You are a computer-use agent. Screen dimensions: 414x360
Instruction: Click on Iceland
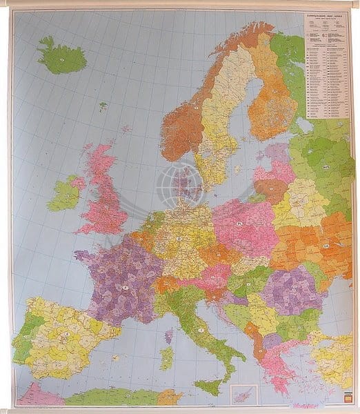(59, 57)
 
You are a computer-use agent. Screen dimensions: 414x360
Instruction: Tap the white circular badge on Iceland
(61, 59)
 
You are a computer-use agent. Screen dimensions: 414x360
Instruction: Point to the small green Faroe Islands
(103, 106)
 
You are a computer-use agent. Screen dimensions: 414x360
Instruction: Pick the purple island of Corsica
(169, 336)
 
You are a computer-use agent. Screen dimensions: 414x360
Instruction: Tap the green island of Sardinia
(166, 358)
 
